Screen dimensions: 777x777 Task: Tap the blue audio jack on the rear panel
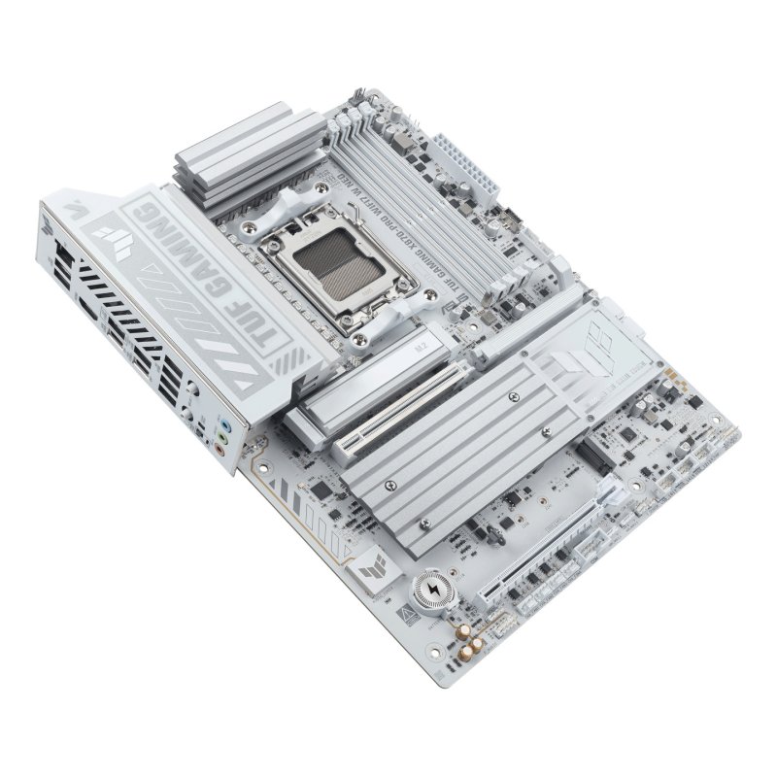[224, 424]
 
